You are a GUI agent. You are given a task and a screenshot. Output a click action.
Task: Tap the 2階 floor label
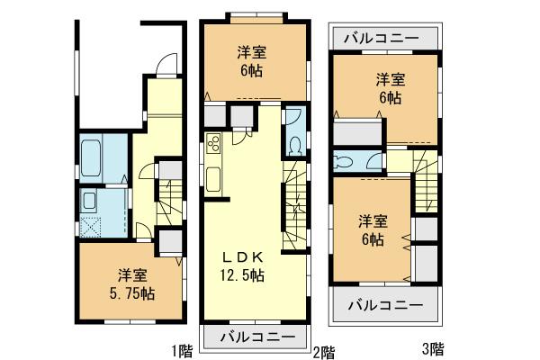pyautogui.click(x=323, y=349)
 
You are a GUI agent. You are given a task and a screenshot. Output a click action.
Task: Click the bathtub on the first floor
pyautogui.click(x=92, y=159)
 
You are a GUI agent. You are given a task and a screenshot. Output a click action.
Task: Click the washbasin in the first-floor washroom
pyautogui.click(x=92, y=200)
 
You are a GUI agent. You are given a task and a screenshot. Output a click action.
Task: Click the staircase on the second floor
pyautogui.click(x=295, y=206)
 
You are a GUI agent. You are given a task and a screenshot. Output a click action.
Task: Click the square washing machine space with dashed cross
pyautogui.click(x=92, y=225)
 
